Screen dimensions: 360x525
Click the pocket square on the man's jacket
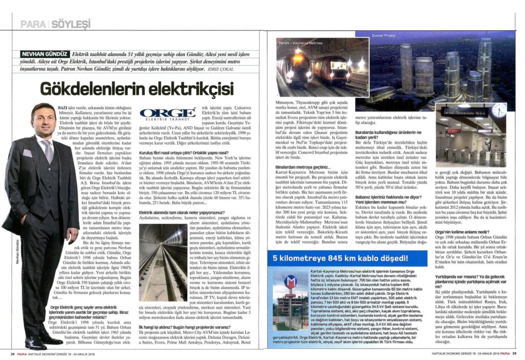tap(28, 152)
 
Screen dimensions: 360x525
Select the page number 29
tap(514, 352)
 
